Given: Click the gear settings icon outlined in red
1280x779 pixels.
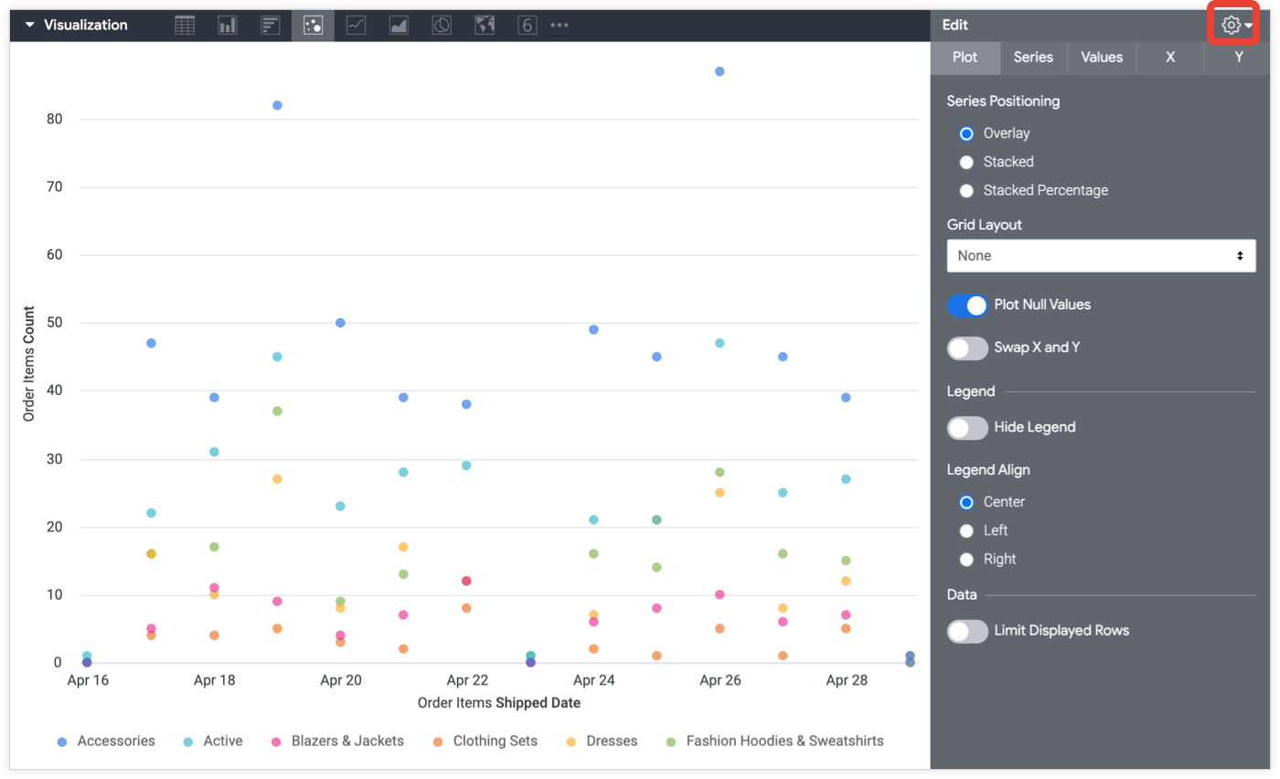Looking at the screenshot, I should (1232, 26).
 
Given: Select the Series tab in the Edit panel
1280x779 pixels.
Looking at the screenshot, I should (1033, 57).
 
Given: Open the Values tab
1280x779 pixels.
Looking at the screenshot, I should (1102, 57).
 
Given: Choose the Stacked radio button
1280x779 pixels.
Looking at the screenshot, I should (966, 162).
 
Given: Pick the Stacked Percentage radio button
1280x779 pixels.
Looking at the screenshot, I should (966, 191).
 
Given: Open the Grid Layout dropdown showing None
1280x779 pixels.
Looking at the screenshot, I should (1101, 256).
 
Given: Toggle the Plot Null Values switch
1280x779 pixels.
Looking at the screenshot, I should (967, 305).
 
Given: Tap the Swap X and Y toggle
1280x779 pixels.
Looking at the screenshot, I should (967, 348).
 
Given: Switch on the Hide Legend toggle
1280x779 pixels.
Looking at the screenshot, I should (967, 428).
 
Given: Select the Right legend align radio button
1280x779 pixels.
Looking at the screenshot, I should (966, 560).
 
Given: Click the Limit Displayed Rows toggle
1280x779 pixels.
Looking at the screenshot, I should (967, 631).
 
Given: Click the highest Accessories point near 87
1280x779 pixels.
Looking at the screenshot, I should (720, 71).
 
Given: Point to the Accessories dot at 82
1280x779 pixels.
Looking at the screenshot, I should (277, 105).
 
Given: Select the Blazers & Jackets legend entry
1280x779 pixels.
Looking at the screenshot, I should (347, 742).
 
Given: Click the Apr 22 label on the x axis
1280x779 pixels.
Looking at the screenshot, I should (467, 680).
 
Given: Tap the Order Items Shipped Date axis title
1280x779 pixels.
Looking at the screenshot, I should (498, 703).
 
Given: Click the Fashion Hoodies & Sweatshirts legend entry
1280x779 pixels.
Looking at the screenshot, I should (784, 742).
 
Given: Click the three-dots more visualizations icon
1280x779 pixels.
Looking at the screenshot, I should (560, 26).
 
